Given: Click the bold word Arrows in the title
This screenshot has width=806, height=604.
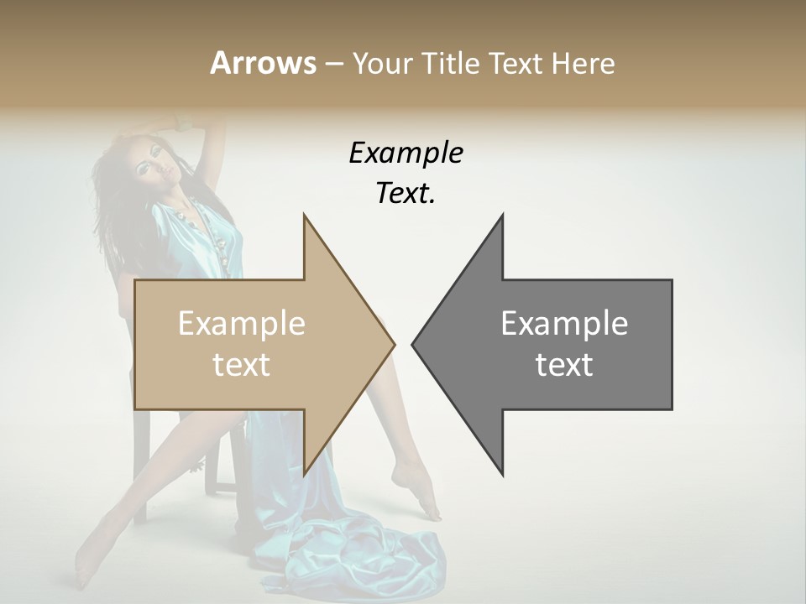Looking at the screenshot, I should [263, 63].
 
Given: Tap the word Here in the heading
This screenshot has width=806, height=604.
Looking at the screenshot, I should [582, 63].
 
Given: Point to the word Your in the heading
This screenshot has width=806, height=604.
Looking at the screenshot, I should [383, 63].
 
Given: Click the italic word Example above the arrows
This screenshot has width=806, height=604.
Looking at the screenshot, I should [406, 154].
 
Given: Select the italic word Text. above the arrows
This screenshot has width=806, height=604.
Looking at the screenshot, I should [406, 194].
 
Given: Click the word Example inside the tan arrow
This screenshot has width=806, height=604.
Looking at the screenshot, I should [241, 324].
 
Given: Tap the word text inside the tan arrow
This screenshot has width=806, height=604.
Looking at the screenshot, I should [241, 364].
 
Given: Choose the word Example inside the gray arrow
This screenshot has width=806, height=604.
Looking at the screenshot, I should [564, 324].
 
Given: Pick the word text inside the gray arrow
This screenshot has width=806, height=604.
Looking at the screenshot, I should [564, 364].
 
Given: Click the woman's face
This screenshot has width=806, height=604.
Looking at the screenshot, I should [155, 172].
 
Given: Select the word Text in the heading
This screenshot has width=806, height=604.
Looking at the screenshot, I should [517, 63].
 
